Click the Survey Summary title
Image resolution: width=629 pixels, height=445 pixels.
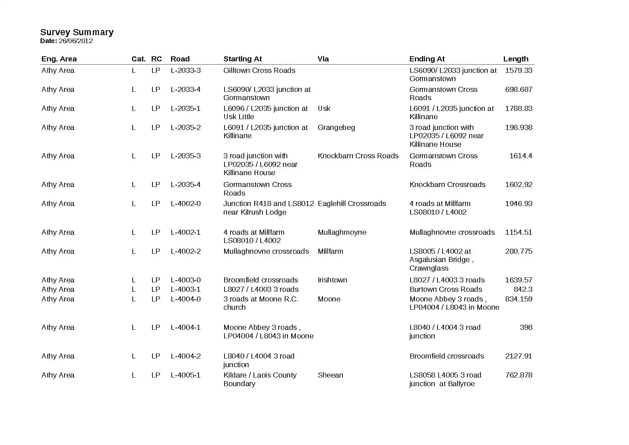(x=77, y=32)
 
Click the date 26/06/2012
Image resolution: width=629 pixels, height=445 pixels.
(x=76, y=41)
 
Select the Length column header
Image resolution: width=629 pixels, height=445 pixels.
(x=516, y=59)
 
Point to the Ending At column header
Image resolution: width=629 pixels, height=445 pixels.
(x=427, y=59)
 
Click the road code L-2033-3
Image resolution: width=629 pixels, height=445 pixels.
(x=185, y=70)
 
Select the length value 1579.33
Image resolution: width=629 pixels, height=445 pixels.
(x=519, y=70)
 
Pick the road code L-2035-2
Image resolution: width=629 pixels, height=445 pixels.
(x=185, y=127)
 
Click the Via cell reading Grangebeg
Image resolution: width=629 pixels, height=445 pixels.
(x=336, y=127)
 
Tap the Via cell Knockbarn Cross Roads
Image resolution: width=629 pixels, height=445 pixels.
(x=358, y=156)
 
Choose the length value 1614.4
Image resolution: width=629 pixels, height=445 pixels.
(x=521, y=156)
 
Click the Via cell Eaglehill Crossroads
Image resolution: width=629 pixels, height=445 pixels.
(x=352, y=203)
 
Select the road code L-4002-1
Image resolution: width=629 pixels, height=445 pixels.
(x=185, y=232)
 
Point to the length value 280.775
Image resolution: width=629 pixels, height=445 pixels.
(x=519, y=251)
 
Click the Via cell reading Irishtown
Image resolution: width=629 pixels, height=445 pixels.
(x=332, y=280)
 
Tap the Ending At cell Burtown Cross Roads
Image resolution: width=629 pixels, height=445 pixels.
(x=446, y=289)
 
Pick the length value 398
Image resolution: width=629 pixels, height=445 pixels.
(x=526, y=327)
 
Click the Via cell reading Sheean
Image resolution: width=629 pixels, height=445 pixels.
(x=330, y=375)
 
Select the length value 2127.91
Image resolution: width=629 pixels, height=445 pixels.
(x=519, y=356)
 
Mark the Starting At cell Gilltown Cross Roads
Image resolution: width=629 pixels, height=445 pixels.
(x=259, y=70)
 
